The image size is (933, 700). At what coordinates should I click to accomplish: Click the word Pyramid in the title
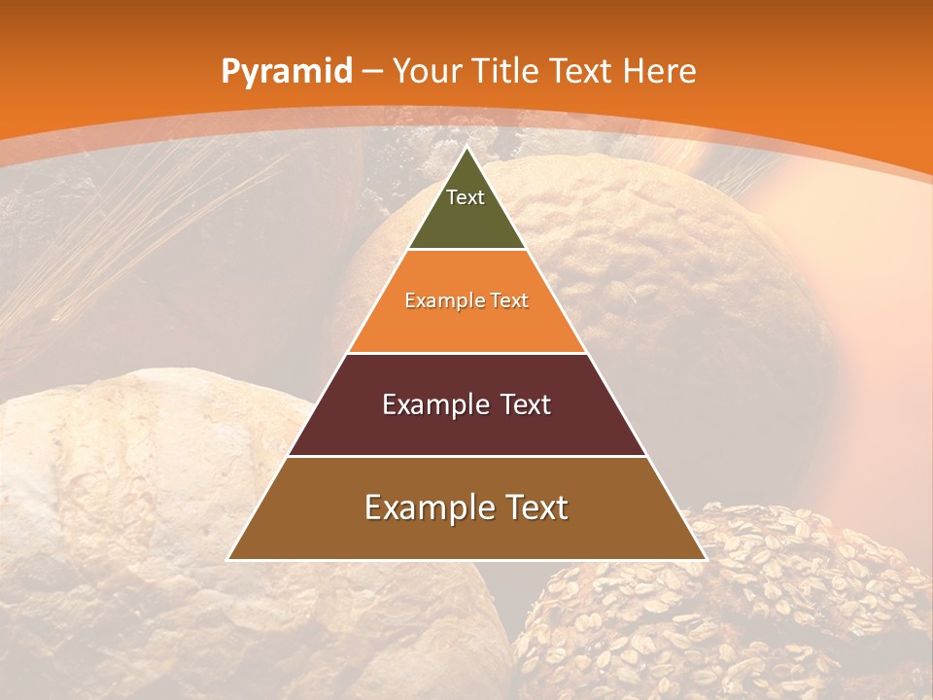[x=286, y=72]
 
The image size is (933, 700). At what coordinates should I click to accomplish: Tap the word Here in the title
[x=660, y=71]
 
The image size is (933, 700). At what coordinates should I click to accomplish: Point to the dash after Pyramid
[x=373, y=72]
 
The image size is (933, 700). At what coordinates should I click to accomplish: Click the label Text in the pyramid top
[x=466, y=197]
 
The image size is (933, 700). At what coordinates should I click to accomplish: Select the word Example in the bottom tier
[x=427, y=507]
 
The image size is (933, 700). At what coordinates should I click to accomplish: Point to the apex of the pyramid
[x=467, y=148]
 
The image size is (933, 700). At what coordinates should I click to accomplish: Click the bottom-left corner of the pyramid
[x=228, y=559]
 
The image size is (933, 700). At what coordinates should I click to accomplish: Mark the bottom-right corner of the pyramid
[x=706, y=559]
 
